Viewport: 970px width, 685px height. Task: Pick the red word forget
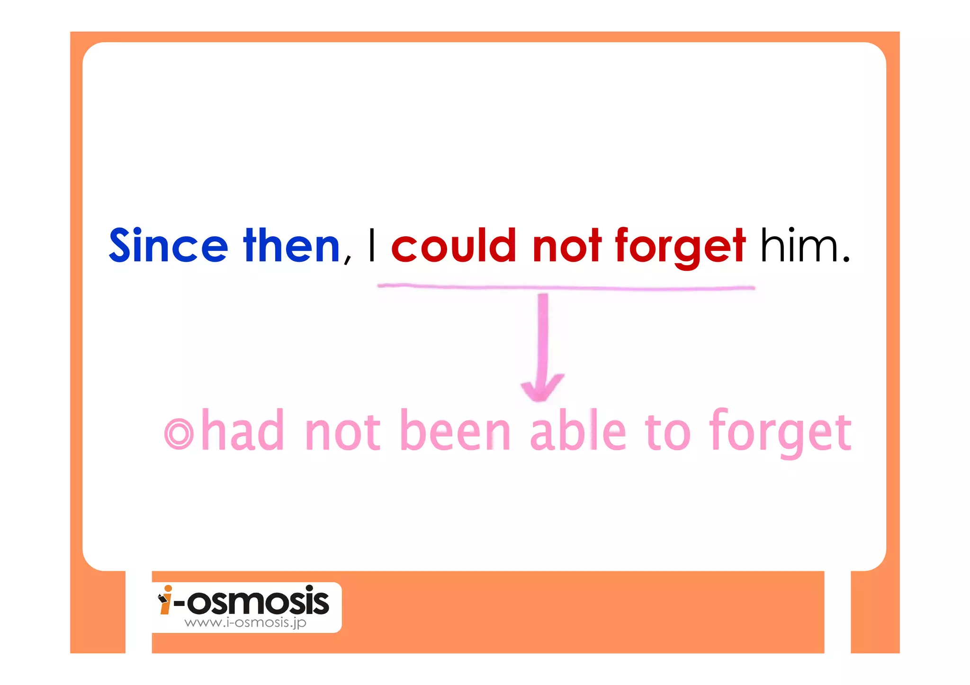(x=680, y=246)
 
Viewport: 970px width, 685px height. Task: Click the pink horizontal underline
(x=566, y=287)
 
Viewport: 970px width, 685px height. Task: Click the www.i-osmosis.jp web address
(x=245, y=623)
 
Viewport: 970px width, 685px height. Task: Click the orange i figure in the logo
(x=165, y=600)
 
